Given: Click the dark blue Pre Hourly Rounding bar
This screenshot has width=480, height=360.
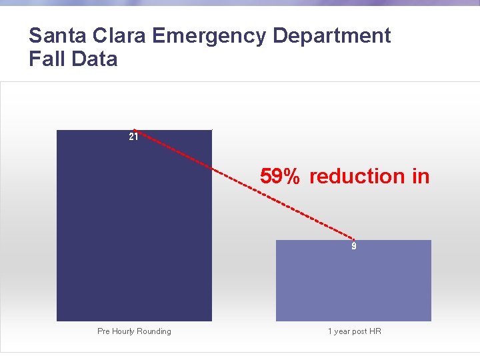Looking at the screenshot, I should click(x=134, y=227).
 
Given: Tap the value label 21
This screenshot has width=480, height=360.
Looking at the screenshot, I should click(x=133, y=137).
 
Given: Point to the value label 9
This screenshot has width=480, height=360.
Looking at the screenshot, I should click(x=354, y=247).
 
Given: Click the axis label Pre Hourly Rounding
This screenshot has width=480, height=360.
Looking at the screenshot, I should click(x=134, y=331).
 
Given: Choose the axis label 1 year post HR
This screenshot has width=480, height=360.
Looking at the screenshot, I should click(x=354, y=331).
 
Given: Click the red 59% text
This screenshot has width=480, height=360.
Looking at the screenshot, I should click(x=280, y=177).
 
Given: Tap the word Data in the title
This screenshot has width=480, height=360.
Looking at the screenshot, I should click(x=94, y=59).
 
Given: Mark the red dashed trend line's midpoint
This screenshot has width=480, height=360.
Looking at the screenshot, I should click(x=244, y=184).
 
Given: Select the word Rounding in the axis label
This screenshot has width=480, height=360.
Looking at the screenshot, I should click(x=155, y=331).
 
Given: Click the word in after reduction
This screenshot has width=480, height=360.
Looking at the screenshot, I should click(x=421, y=177).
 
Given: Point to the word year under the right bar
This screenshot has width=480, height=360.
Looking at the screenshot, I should click(x=342, y=331).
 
